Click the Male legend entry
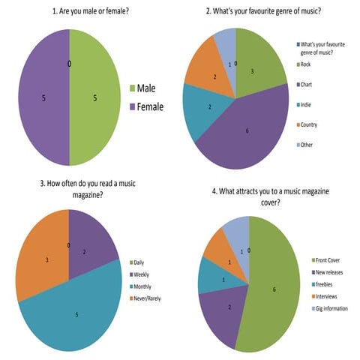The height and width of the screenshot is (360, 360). tap(148, 88)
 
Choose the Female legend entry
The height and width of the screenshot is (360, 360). tap(150, 106)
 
